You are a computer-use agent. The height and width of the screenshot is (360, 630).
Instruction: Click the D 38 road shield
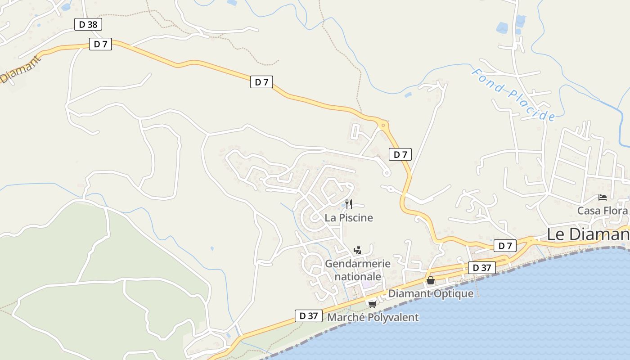tap(88, 24)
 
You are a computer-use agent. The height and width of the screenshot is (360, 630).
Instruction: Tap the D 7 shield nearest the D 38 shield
tap(100, 44)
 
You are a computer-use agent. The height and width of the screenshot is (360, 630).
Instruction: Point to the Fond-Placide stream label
tap(513, 94)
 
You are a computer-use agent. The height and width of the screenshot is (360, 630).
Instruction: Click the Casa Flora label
tap(602, 211)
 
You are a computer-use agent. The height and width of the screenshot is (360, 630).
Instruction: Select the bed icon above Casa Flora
tap(603, 198)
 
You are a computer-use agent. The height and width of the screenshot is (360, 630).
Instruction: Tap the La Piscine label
tap(349, 218)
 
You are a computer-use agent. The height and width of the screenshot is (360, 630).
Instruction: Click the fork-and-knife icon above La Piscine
tap(348, 204)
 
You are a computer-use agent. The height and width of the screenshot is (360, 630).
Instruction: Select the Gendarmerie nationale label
tap(358, 270)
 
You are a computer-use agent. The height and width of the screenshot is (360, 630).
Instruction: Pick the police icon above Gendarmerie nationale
tap(358, 250)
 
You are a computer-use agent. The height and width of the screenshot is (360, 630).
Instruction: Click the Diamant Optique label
tap(431, 294)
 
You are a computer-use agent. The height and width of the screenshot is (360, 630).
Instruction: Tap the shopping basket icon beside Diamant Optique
tap(431, 281)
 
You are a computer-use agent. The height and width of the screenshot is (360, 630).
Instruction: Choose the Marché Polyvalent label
tap(373, 317)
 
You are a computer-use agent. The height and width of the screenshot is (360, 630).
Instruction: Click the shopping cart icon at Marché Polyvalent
tap(372, 304)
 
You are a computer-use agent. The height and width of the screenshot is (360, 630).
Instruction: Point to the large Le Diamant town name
tap(587, 234)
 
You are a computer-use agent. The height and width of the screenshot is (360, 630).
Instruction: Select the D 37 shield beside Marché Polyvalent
tap(309, 316)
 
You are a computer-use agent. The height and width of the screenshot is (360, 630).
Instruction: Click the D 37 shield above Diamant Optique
tap(481, 268)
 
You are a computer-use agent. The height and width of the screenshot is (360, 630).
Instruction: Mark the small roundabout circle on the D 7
tap(383, 125)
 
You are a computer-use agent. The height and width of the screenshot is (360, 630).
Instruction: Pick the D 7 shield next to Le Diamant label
tap(505, 246)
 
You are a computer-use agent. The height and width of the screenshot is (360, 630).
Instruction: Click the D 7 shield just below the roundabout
tap(400, 155)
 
